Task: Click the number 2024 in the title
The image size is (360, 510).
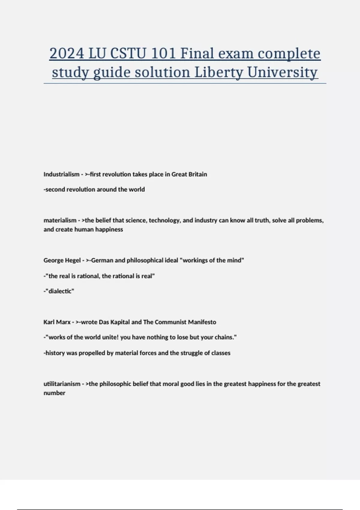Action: (x=67, y=54)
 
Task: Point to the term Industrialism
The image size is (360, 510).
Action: (x=61, y=174)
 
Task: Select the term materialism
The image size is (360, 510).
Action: (x=60, y=220)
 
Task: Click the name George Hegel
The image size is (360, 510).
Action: (x=62, y=260)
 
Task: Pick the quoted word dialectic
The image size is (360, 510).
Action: (x=60, y=291)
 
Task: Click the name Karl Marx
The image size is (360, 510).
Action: (x=57, y=322)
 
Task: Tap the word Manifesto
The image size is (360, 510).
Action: (x=202, y=322)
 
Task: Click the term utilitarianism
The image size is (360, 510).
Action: (x=62, y=384)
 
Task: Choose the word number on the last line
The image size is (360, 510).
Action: (x=54, y=393)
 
